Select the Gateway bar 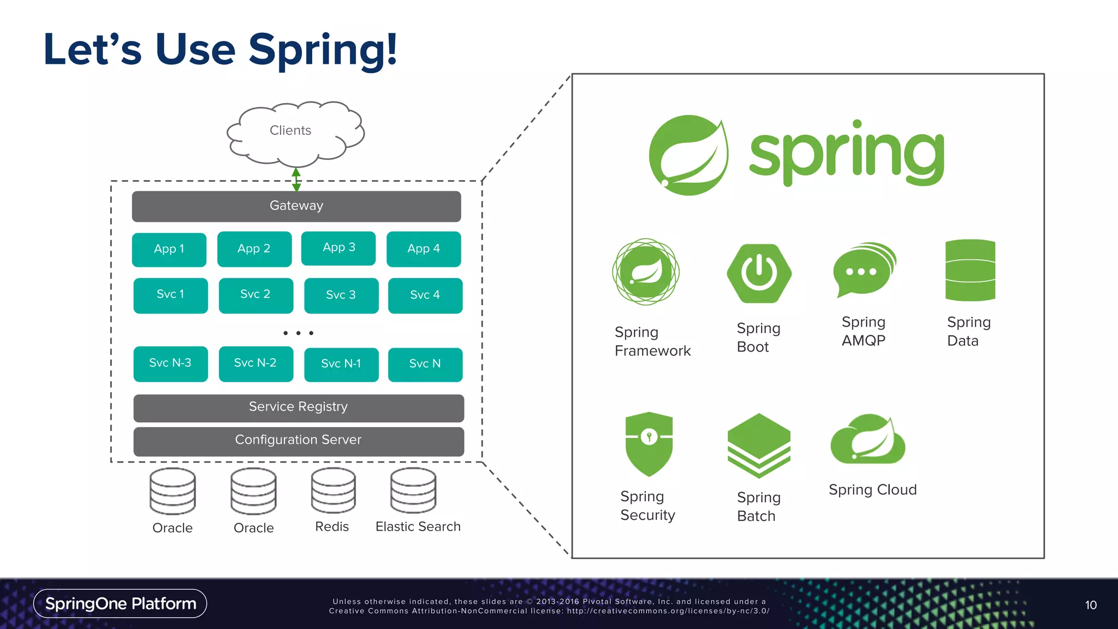(296, 206)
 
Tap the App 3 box (338, 248)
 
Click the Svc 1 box (170, 295)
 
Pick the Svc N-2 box (255, 363)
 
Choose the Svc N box (425, 364)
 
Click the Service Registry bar (298, 407)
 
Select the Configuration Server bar (298, 441)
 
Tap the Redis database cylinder (333, 490)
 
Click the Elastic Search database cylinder (413, 490)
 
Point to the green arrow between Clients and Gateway (296, 179)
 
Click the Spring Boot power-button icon (759, 273)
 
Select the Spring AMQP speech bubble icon (864, 270)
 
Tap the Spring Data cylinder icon (970, 270)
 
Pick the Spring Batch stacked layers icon (759, 445)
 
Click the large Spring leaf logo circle (688, 155)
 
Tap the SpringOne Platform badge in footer (120, 603)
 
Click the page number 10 (1091, 605)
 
